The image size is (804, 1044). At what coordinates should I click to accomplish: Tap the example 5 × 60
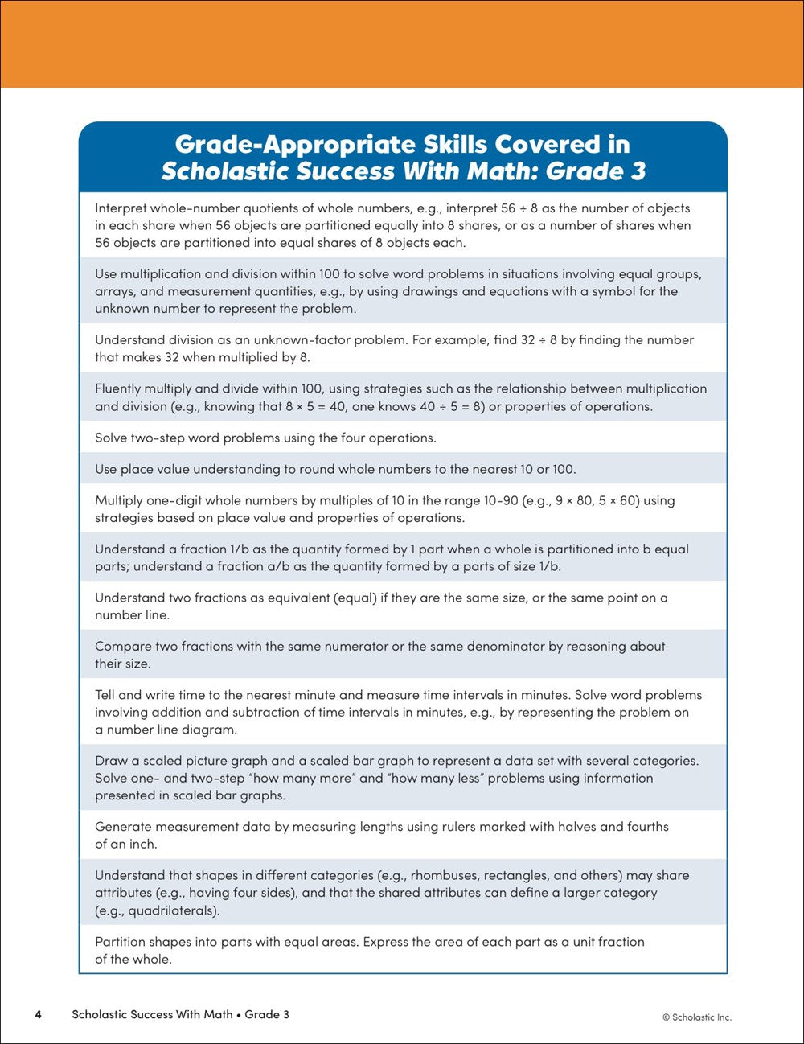tap(617, 500)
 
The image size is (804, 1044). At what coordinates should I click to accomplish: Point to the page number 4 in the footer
tap(38, 1014)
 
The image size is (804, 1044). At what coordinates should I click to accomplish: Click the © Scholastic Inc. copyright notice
tap(696, 1017)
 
